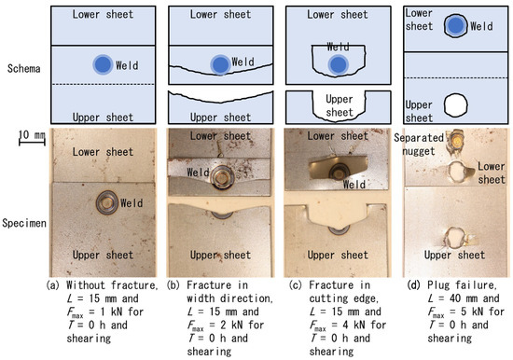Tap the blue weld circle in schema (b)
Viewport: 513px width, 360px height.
pos(219,64)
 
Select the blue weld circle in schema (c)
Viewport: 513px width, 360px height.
pos(335,63)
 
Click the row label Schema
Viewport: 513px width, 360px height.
pos(21,69)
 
